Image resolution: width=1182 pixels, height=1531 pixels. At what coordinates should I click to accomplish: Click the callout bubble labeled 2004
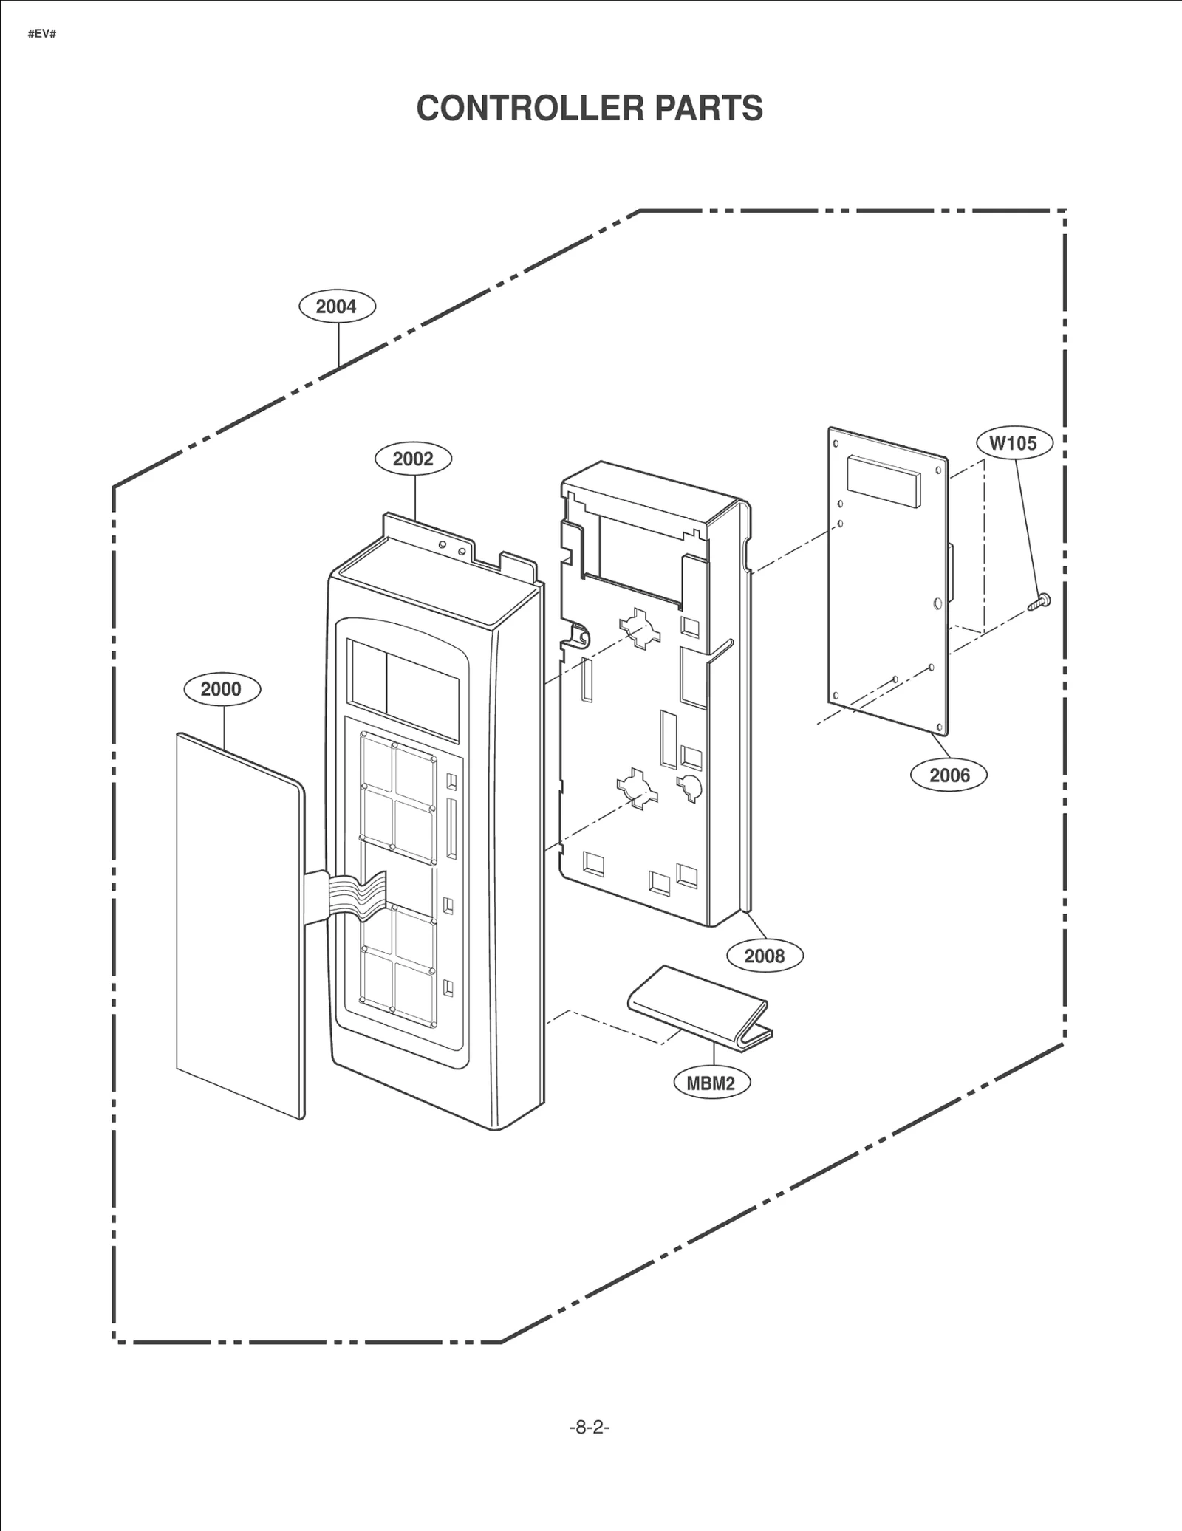(x=337, y=306)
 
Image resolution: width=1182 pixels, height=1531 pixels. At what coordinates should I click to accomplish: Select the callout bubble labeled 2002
(x=413, y=459)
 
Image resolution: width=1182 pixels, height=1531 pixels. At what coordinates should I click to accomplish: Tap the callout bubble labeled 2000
(x=222, y=689)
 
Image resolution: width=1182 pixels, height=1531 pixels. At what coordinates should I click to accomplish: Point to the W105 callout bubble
(x=1013, y=443)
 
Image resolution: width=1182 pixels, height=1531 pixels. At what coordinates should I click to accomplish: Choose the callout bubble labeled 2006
(x=949, y=775)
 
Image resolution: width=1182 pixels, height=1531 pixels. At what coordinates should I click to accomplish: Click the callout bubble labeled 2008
(x=764, y=956)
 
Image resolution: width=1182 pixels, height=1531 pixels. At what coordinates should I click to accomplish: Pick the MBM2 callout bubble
(x=711, y=1083)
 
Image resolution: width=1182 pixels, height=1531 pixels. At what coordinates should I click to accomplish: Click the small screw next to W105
(x=1039, y=601)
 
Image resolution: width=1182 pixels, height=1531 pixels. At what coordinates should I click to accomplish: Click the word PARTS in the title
(x=708, y=109)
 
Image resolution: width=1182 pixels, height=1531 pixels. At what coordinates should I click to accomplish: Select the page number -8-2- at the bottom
(x=589, y=1428)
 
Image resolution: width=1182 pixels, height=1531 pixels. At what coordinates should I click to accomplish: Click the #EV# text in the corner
(x=42, y=35)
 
